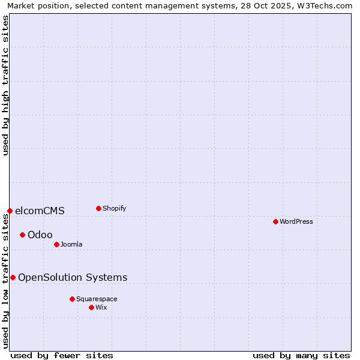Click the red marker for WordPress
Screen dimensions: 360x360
tap(275, 221)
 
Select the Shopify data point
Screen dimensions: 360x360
tap(98, 208)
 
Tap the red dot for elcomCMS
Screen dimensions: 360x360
tap(10, 211)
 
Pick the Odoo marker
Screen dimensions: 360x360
tap(22, 235)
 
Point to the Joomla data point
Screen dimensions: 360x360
tap(56, 244)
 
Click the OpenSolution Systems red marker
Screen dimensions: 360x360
tap(13, 277)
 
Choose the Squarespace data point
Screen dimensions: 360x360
tap(72, 299)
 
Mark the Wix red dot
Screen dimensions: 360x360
tap(91, 307)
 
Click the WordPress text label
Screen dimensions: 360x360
tap(296, 221)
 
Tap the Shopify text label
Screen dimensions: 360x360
tap(115, 208)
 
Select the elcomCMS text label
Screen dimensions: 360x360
tap(40, 211)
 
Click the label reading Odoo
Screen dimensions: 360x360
tap(40, 235)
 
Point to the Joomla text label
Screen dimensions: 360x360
tap(71, 244)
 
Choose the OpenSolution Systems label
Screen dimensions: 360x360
tap(73, 277)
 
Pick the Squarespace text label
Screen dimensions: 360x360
tap(97, 299)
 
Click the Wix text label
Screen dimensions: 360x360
tap(101, 307)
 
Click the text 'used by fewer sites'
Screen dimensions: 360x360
tap(62, 355)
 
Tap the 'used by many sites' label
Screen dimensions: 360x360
tap(301, 355)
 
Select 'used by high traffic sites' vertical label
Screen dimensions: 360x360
tap(6, 85)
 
